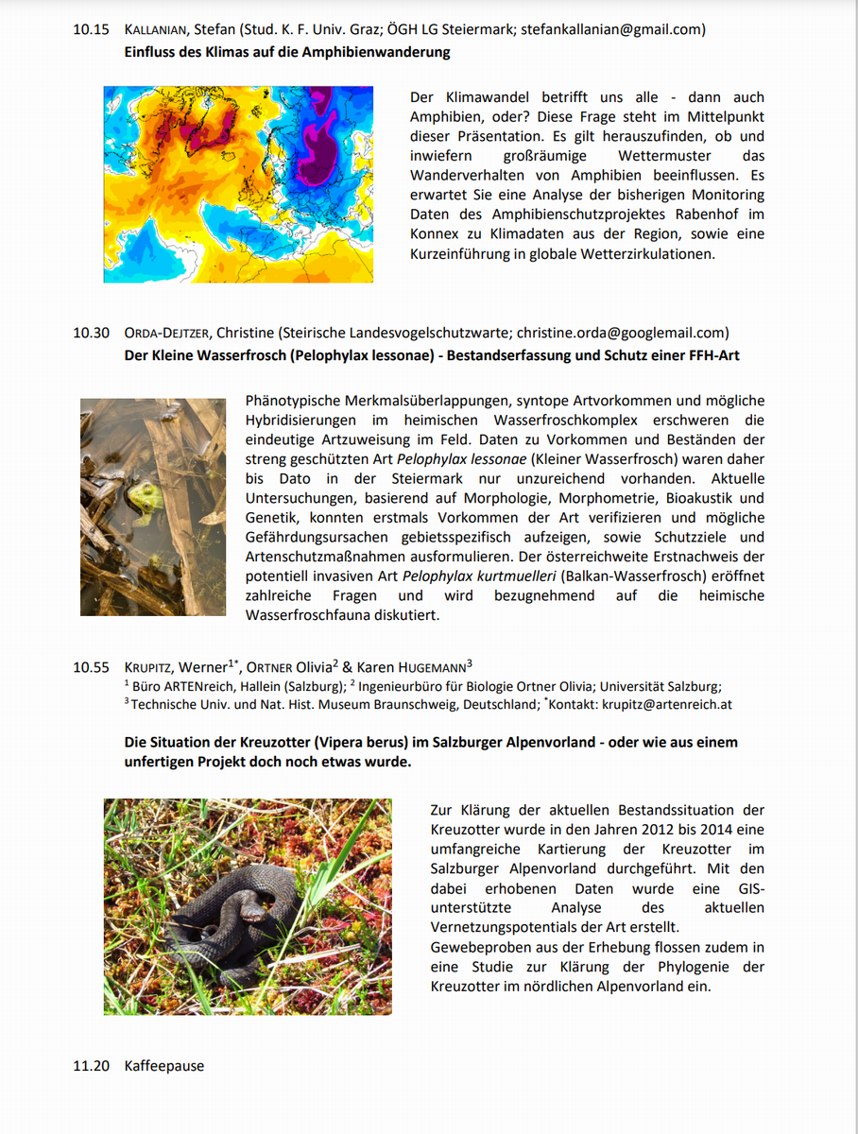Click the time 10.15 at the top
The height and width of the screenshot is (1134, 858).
tap(91, 29)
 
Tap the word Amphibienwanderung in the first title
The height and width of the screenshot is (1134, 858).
tap(376, 52)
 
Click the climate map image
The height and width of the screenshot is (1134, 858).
tap(238, 184)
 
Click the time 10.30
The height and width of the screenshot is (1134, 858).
tap(91, 333)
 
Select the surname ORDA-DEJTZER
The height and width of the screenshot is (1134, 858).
tap(167, 333)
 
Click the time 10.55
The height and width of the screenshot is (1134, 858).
tap(91, 667)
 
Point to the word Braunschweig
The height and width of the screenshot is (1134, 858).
tap(404, 704)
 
